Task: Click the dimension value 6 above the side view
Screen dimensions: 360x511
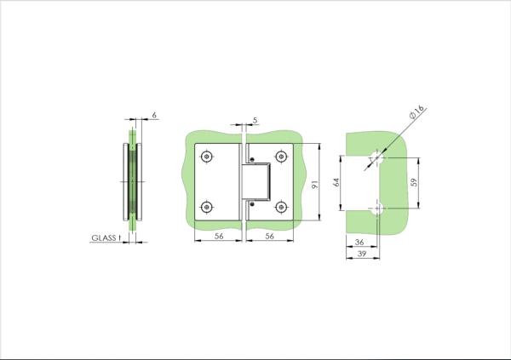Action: click(x=154, y=114)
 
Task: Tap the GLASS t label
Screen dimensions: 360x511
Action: click(x=107, y=239)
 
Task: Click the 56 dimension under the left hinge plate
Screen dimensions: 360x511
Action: click(x=219, y=237)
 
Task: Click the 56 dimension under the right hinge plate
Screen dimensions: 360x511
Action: click(x=268, y=237)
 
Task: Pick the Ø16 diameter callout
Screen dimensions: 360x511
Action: click(x=416, y=110)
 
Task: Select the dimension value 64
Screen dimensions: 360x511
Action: click(x=336, y=182)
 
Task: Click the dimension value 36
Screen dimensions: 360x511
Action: click(x=359, y=243)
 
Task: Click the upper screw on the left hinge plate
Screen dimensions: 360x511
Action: click(x=206, y=157)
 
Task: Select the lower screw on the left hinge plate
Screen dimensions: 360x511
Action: click(x=206, y=207)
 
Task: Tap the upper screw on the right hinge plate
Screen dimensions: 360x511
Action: click(x=282, y=157)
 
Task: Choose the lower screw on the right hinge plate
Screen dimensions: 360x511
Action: click(x=282, y=207)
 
